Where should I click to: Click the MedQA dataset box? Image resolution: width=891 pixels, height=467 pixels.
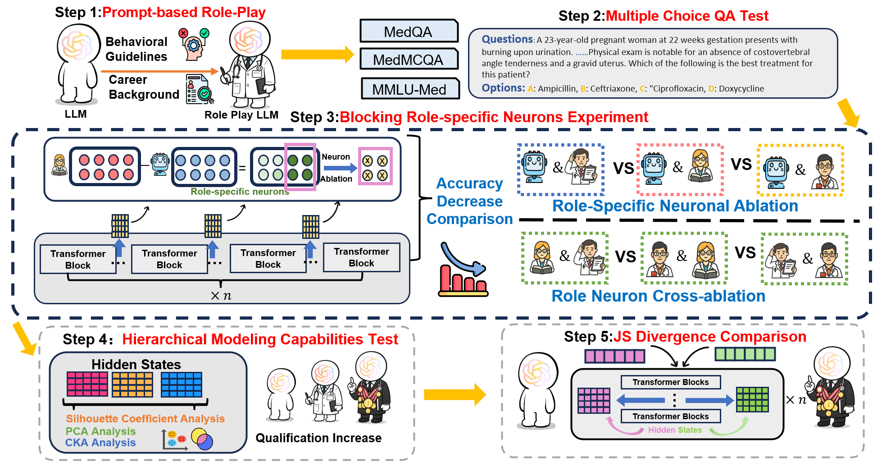click(x=408, y=32)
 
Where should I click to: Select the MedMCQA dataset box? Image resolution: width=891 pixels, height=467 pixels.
click(x=408, y=60)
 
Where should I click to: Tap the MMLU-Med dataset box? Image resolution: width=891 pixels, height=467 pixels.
click(x=409, y=89)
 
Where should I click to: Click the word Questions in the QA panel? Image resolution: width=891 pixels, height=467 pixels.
click(x=507, y=40)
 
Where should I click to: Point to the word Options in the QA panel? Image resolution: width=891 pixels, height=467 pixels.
click(x=503, y=88)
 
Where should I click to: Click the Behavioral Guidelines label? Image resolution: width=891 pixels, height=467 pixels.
click(x=136, y=49)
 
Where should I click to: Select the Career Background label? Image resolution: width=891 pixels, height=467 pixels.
click(x=144, y=87)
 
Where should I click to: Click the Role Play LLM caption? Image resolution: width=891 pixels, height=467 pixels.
click(x=241, y=115)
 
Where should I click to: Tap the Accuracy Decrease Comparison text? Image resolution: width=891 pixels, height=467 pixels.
click(x=469, y=201)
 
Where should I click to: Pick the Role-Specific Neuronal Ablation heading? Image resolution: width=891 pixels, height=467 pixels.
click(x=675, y=206)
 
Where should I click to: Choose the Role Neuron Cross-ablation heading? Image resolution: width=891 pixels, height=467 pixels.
click(x=658, y=296)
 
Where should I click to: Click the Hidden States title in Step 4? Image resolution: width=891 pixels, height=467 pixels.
click(x=136, y=364)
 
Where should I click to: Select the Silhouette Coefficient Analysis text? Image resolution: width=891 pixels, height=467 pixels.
click(x=145, y=419)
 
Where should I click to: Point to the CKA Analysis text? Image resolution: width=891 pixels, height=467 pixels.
click(x=100, y=443)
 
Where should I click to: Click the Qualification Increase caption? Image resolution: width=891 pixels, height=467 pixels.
click(x=318, y=438)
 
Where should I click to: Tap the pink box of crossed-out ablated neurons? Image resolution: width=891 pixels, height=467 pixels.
click(x=375, y=166)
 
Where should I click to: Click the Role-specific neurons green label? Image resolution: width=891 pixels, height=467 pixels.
click(x=240, y=192)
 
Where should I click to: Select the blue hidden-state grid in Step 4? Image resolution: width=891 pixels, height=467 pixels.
click(x=181, y=385)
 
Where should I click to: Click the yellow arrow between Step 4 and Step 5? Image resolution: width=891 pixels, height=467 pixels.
click(x=454, y=395)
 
